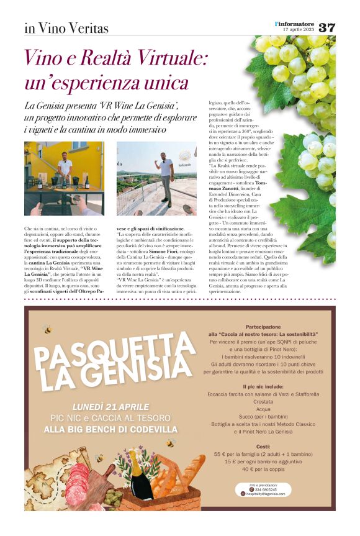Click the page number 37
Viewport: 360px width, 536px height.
tap(327, 27)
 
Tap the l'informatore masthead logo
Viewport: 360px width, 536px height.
tap(295, 24)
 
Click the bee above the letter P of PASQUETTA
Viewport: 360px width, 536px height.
tap(48, 330)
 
